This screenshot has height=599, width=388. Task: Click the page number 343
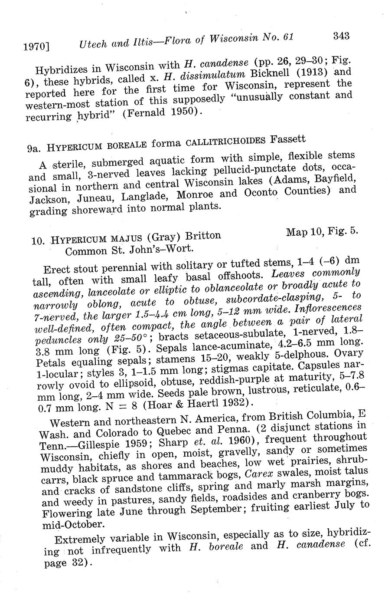pos(341,36)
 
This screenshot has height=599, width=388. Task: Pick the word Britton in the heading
pos(202,236)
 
